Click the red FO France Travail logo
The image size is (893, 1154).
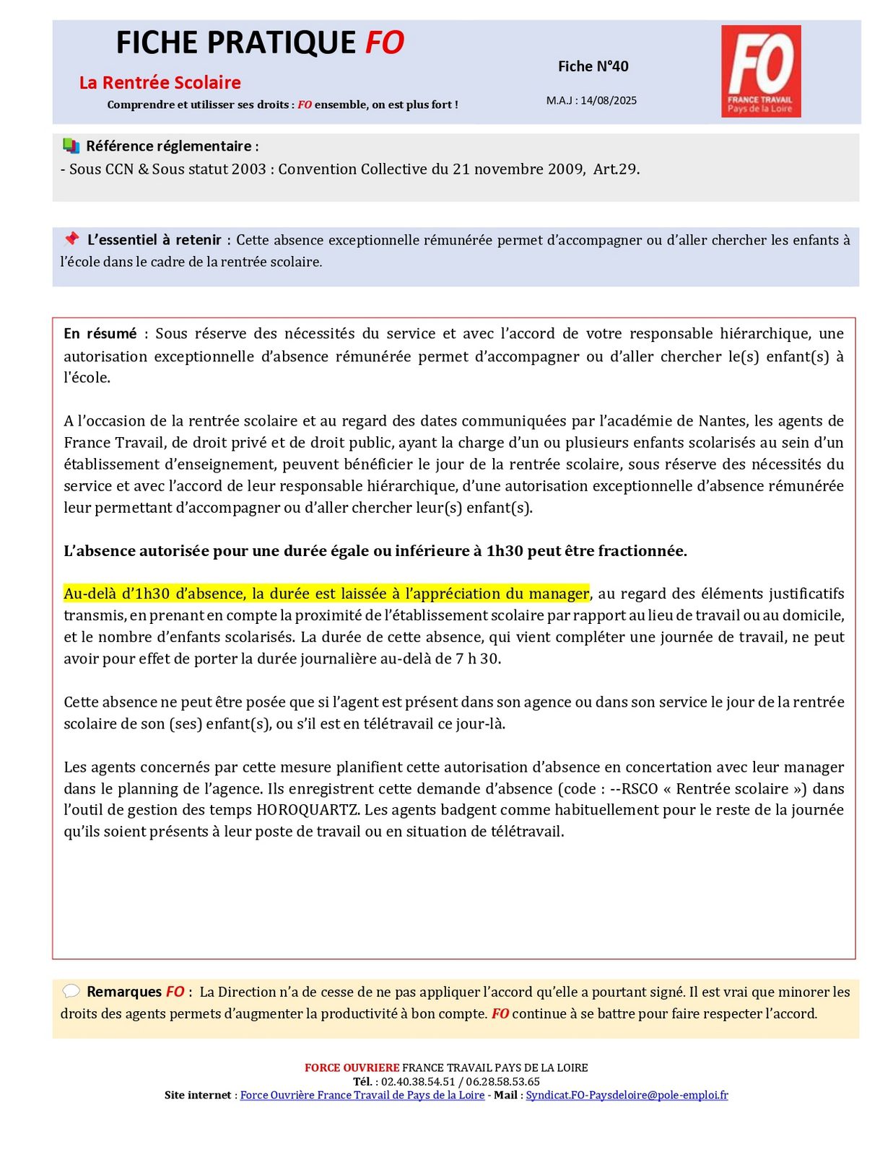click(x=760, y=71)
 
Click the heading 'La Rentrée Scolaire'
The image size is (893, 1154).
click(x=160, y=82)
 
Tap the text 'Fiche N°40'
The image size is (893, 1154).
click(x=593, y=66)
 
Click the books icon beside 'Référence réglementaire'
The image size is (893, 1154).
click(x=71, y=146)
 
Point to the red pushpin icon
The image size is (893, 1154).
click(x=71, y=239)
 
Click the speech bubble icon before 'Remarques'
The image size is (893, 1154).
click(x=71, y=991)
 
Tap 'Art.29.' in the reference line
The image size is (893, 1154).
click(x=616, y=169)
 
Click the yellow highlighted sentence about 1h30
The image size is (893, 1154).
click(x=326, y=594)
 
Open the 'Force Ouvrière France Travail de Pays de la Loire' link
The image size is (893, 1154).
click(x=362, y=1095)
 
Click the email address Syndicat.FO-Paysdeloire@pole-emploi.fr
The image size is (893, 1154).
click(x=627, y=1095)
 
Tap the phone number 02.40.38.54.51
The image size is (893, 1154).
click(x=418, y=1081)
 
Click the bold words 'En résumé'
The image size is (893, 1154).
click(x=100, y=333)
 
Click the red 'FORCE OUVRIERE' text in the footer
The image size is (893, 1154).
click(x=352, y=1067)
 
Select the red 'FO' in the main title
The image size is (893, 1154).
click(x=384, y=43)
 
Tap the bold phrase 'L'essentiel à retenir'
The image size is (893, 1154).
click(x=154, y=239)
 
